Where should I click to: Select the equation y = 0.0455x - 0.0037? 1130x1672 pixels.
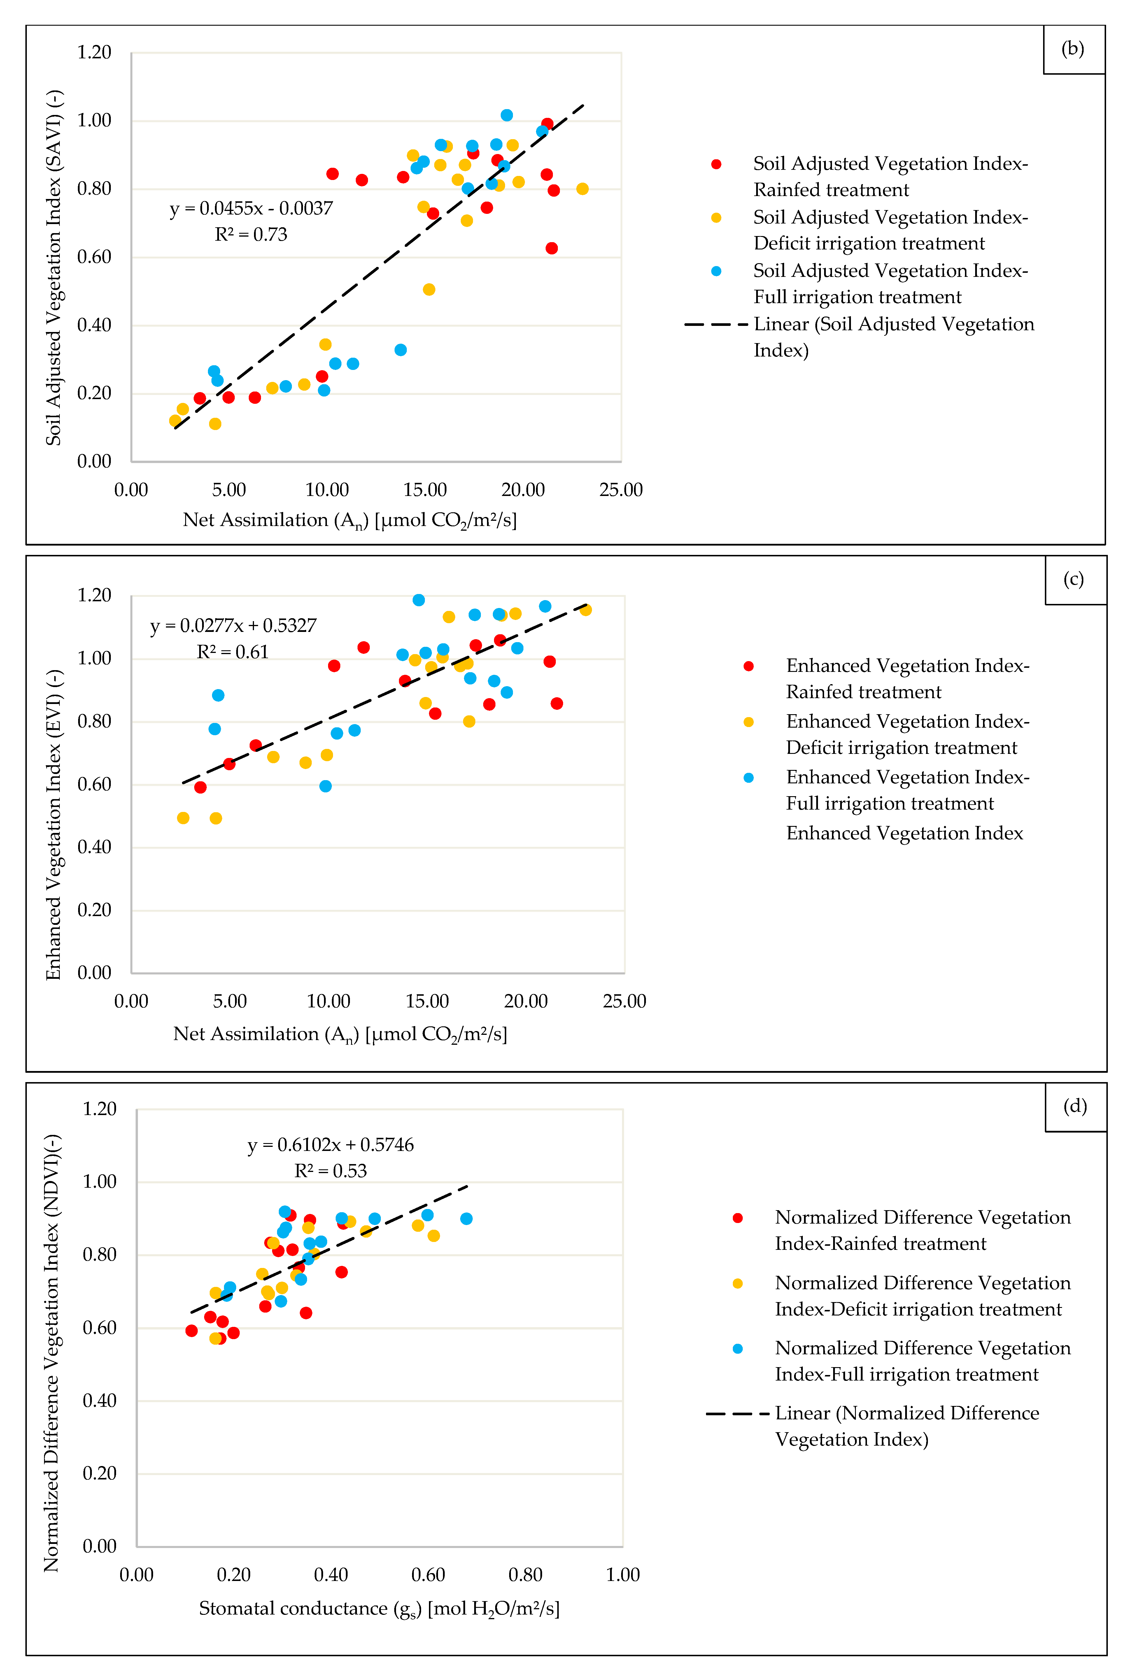point(251,209)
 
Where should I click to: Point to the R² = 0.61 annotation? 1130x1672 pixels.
point(232,652)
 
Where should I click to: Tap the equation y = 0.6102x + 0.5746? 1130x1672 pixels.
point(330,1145)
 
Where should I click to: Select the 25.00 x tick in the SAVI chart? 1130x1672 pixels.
point(621,490)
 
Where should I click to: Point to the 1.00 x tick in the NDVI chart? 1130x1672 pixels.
point(622,1575)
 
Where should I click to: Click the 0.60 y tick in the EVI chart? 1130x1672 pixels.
point(94,784)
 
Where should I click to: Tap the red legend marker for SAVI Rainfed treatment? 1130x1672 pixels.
point(716,164)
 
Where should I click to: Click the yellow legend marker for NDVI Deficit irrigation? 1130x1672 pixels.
point(737,1283)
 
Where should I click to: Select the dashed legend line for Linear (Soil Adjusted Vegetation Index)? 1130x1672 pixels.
point(716,324)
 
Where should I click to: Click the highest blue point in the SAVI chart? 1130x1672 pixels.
point(506,115)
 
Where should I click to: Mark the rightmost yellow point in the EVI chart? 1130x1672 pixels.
point(586,610)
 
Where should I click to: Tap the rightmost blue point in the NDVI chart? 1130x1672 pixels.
point(466,1219)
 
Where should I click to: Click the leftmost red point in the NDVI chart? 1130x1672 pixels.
point(191,1331)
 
